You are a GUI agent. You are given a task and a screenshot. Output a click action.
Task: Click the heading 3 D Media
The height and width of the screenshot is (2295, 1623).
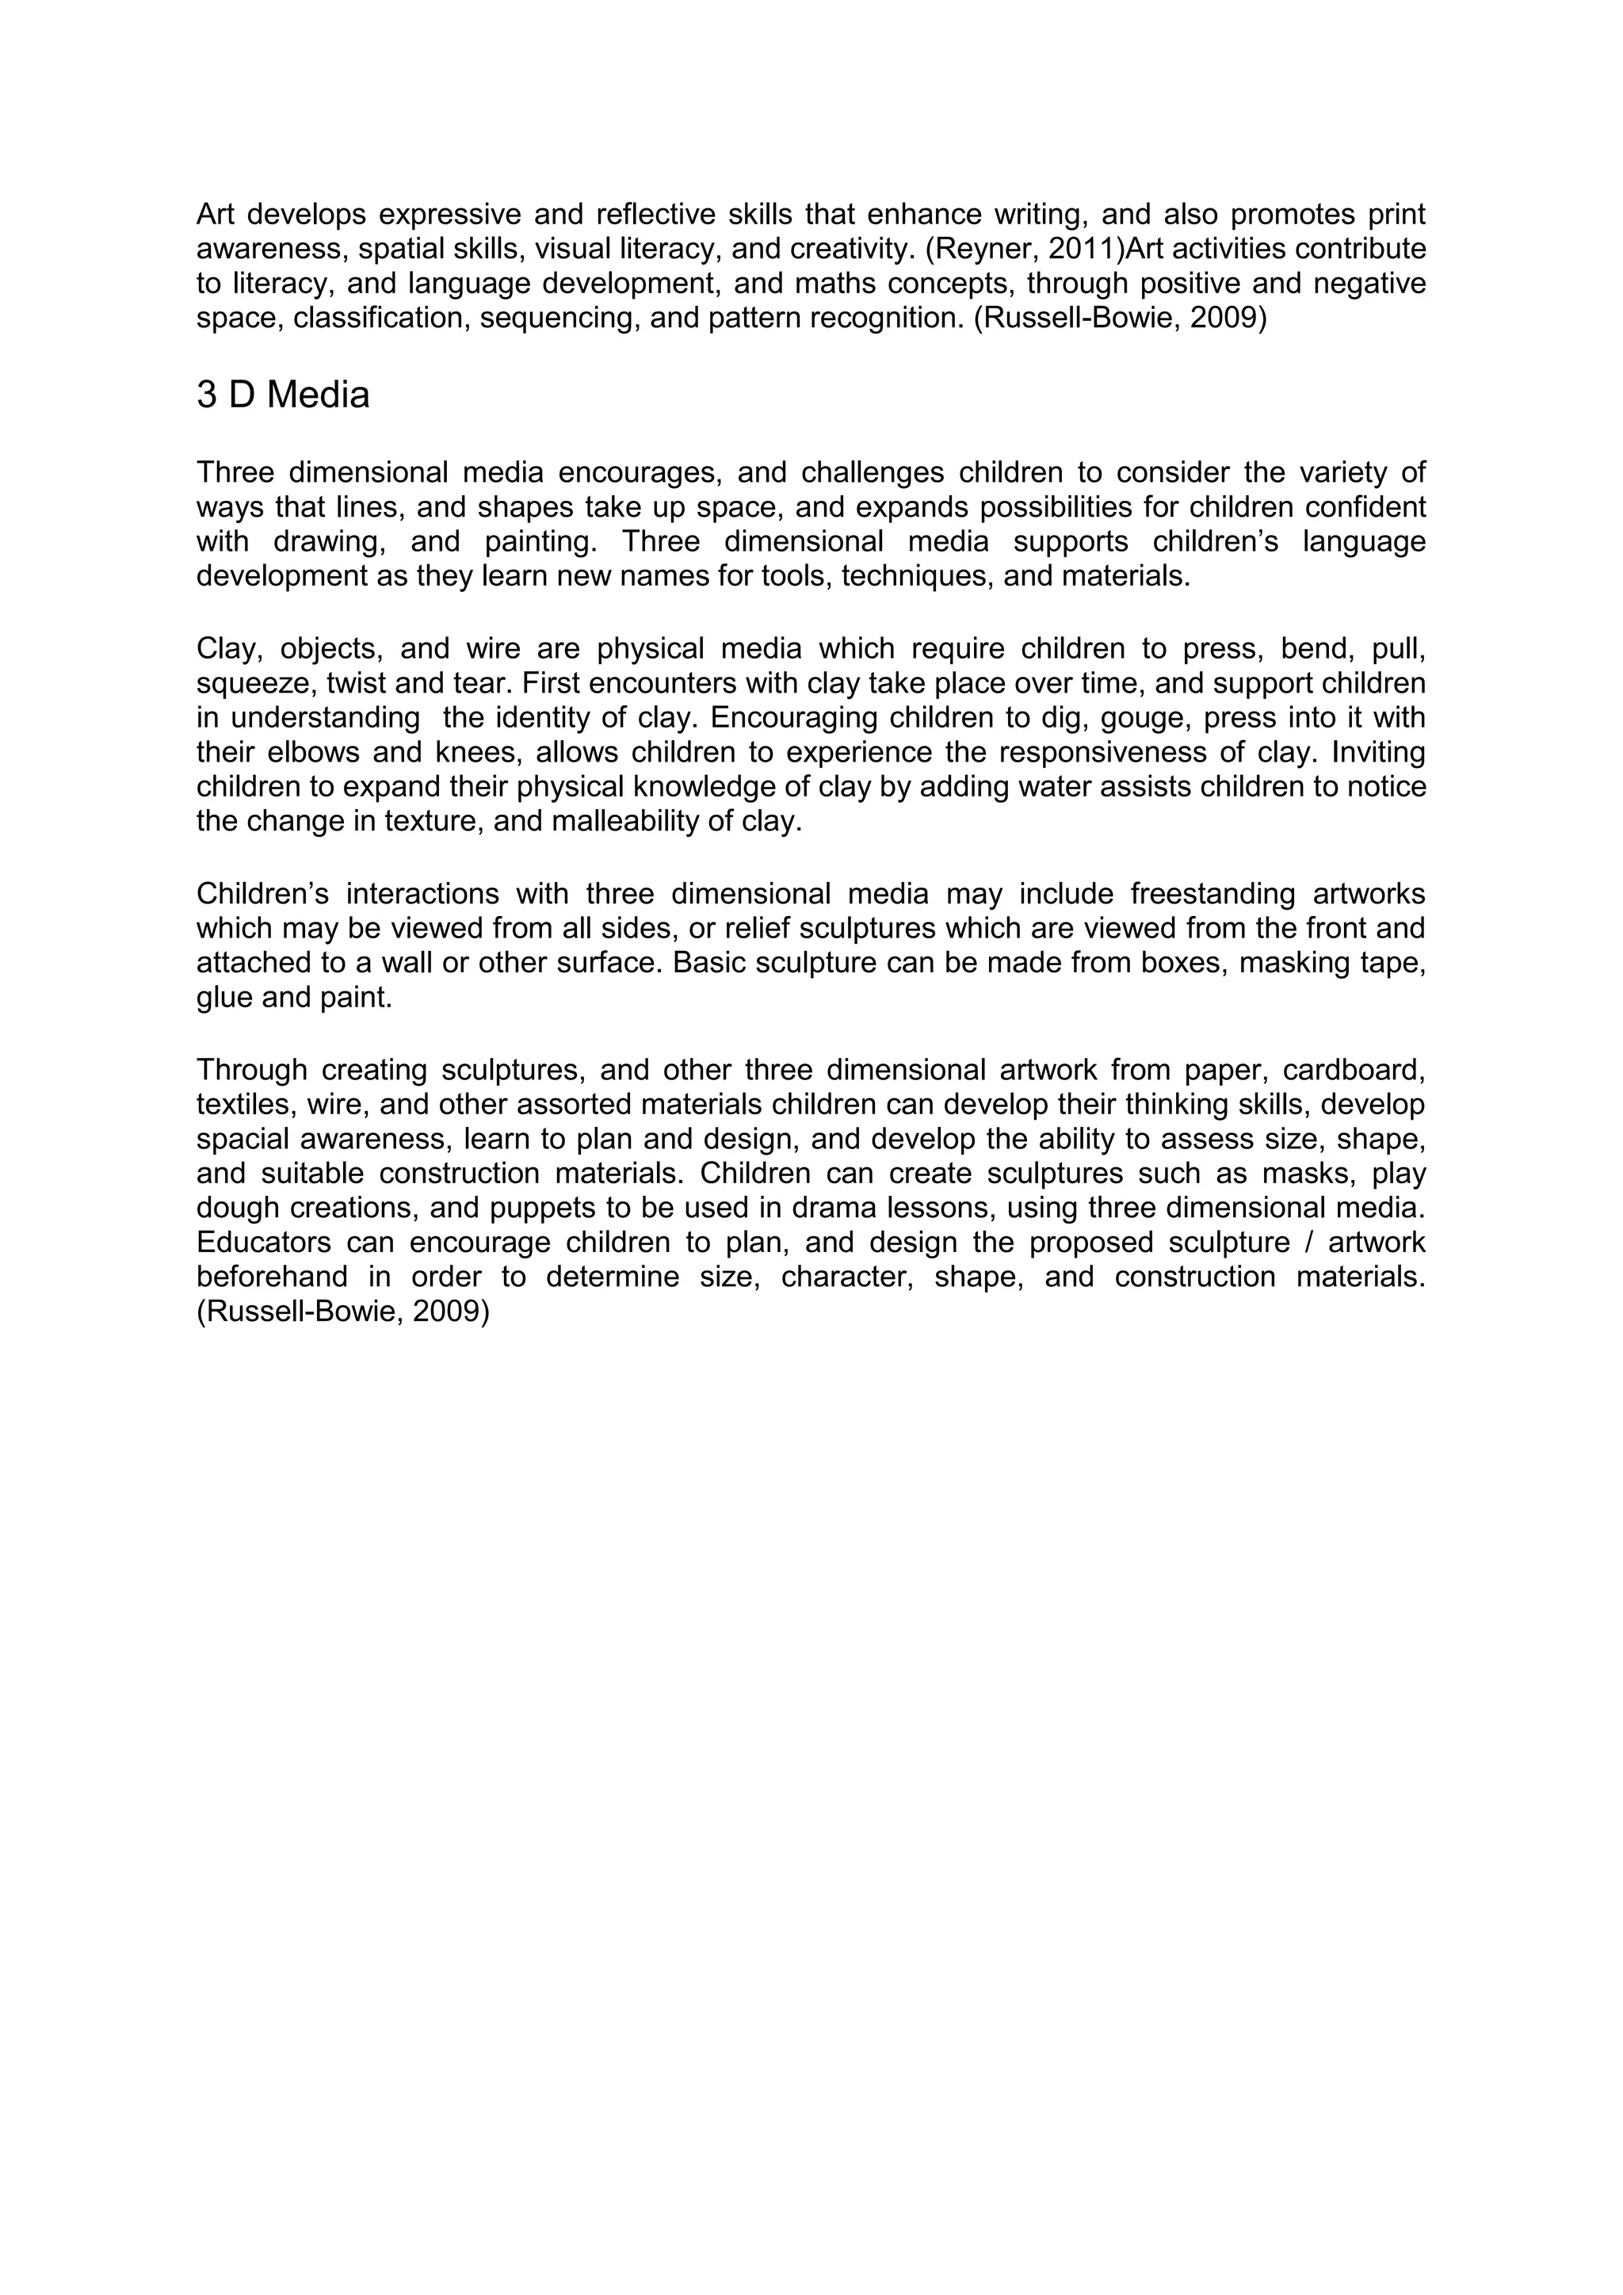(x=283, y=395)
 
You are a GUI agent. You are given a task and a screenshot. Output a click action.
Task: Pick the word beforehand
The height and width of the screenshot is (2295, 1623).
(x=272, y=1277)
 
